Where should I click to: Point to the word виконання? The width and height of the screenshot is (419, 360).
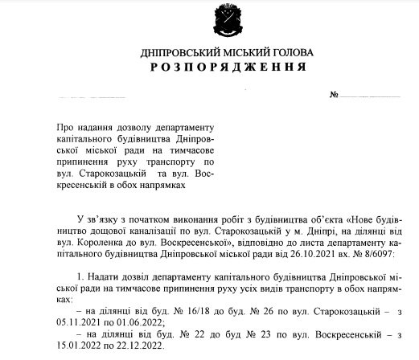(x=191, y=218)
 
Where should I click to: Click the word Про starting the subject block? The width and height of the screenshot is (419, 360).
(x=63, y=127)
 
